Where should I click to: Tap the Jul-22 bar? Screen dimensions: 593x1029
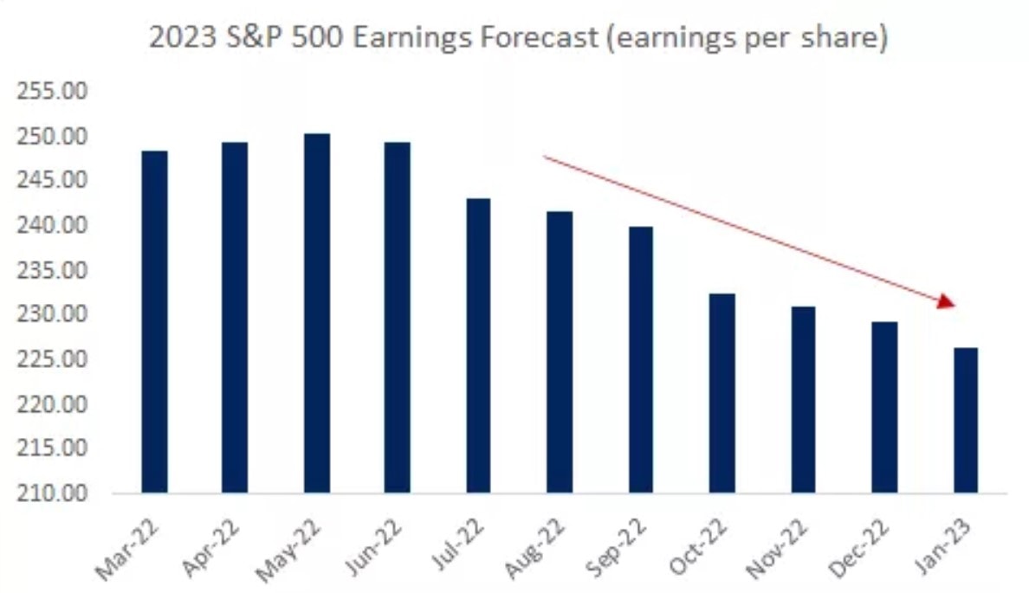click(478, 346)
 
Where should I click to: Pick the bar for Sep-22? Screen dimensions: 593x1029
click(641, 360)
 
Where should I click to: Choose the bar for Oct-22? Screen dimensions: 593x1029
click(722, 393)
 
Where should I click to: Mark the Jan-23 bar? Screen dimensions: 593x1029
click(966, 421)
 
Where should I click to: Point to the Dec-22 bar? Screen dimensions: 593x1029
click(884, 408)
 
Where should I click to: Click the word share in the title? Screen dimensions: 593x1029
click(845, 39)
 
